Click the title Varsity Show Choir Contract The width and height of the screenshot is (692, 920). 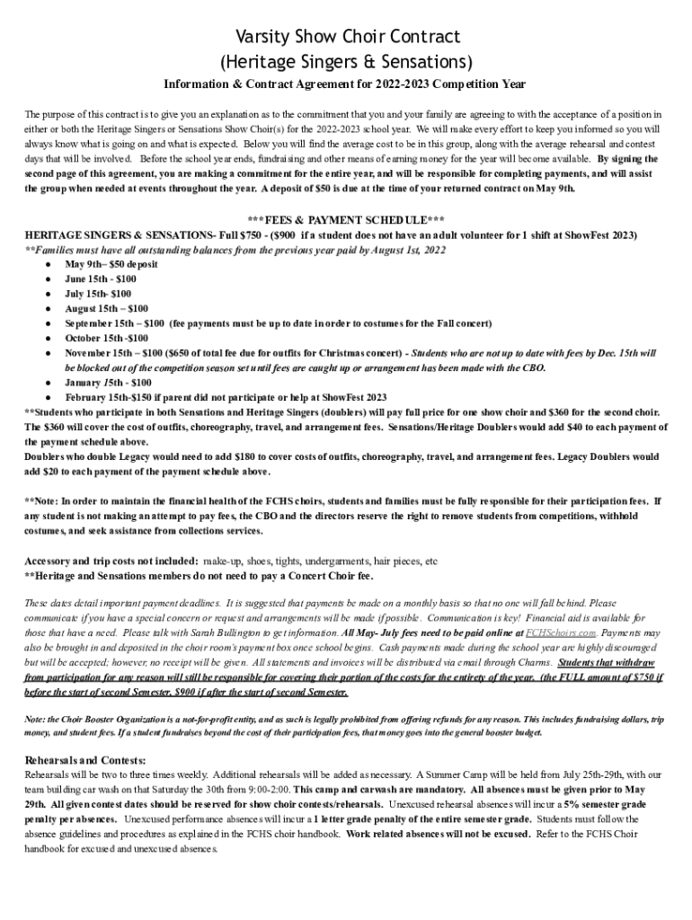346,37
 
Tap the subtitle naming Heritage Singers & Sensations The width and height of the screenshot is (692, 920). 346,62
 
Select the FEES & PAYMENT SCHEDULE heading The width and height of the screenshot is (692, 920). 346,220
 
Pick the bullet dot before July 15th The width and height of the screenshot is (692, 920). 47,294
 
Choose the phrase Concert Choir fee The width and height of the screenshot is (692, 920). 322,575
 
